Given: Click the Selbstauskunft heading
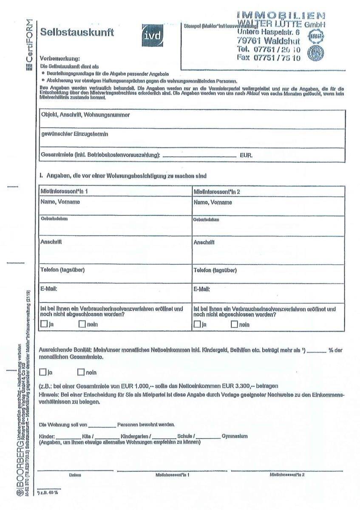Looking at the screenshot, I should pos(77,33).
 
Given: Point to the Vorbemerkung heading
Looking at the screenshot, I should pos(60,58).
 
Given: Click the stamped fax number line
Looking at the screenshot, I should pos(269,57).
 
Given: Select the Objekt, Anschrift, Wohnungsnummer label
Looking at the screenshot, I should pos(85,115).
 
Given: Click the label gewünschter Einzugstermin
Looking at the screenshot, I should pos(74,134).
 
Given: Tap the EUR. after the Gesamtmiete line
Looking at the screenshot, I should pos(246,156).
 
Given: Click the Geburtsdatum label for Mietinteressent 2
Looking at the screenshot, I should pos(206,220).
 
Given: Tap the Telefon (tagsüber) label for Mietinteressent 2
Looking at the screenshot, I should pos(215,270).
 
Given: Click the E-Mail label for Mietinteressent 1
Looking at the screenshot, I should pos(49,289).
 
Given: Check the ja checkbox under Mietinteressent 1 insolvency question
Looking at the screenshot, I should pos(44,325).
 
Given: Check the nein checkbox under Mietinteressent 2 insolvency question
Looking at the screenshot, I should pos(234,325).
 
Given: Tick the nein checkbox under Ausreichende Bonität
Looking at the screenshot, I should pos(81,373).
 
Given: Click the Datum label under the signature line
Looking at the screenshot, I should pos(75,474).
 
